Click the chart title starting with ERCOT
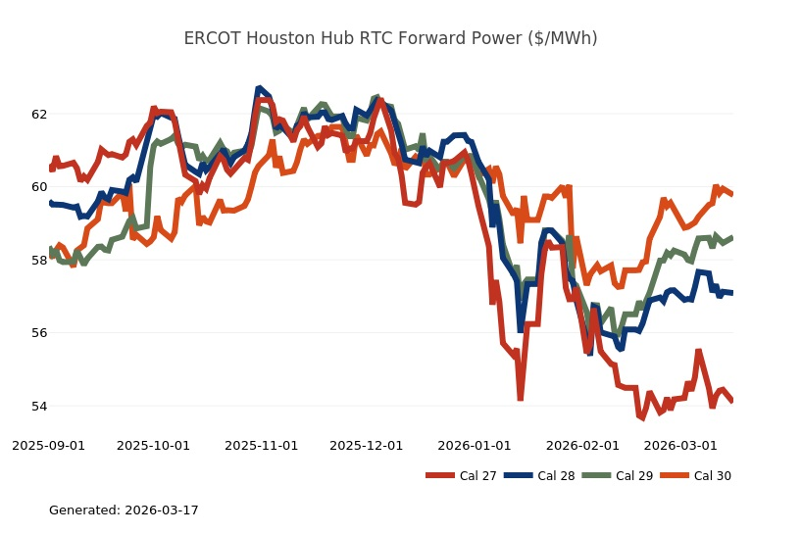point(390,38)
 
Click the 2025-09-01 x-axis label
point(48,445)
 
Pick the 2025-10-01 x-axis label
point(153,445)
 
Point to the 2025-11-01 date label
point(261,445)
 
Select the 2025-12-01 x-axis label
point(366,445)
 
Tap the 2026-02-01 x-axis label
point(582,445)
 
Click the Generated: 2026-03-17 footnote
point(124,510)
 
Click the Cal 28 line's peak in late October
point(259,88)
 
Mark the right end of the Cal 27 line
point(732,401)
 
